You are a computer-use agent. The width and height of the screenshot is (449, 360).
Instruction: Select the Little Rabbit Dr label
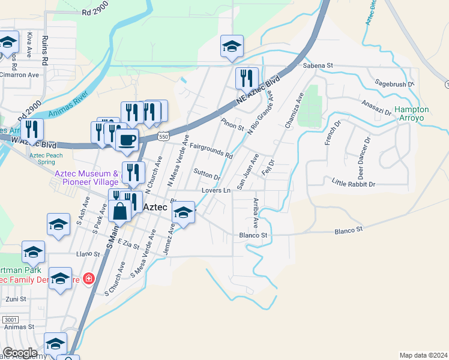353,184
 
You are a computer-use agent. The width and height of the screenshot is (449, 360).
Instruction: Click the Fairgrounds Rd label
211,151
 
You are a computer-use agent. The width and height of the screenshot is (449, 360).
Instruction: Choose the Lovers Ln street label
216,190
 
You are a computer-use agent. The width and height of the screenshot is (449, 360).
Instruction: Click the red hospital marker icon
88,279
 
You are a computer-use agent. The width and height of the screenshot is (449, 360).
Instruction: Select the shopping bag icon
121,211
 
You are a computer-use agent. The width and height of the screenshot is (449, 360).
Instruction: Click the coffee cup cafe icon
127,140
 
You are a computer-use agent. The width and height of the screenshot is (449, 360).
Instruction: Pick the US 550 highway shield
163,137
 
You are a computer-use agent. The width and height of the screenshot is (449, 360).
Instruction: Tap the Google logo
20,353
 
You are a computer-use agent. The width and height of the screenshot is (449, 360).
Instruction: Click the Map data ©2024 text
423,355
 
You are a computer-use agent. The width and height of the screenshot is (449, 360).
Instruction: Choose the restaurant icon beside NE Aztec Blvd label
246,78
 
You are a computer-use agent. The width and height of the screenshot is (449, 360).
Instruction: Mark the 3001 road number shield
10,320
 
